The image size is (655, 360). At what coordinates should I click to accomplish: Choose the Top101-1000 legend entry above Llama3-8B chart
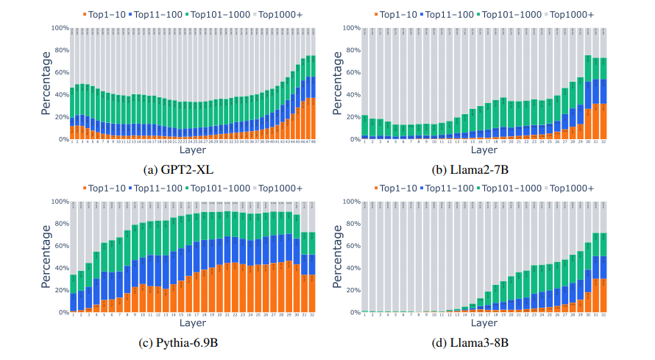(510, 188)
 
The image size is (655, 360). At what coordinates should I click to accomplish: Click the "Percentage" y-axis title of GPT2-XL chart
(45, 83)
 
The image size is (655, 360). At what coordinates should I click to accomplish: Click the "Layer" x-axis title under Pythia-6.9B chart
(192, 324)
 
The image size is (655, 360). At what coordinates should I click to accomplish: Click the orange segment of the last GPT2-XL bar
(313, 119)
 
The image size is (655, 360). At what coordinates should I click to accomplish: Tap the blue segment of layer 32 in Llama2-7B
(604, 92)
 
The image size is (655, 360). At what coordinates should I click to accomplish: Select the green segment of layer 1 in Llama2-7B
(365, 125)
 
